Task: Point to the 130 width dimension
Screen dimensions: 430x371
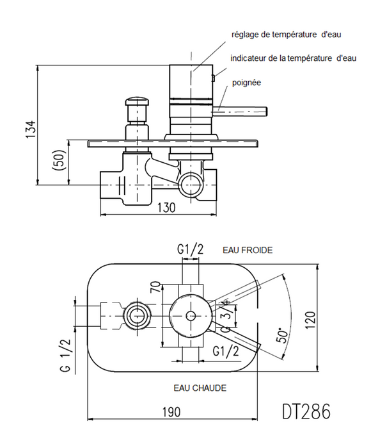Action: [x=168, y=206]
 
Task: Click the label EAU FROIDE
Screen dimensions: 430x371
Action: [x=248, y=250]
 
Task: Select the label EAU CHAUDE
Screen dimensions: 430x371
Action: [x=200, y=388]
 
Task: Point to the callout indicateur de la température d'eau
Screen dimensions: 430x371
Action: [x=292, y=58]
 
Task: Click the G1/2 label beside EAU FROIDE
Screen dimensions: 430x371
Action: [x=190, y=249]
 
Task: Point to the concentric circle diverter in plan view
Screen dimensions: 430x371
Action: [x=138, y=315]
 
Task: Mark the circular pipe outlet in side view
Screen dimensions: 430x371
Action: [x=190, y=185]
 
